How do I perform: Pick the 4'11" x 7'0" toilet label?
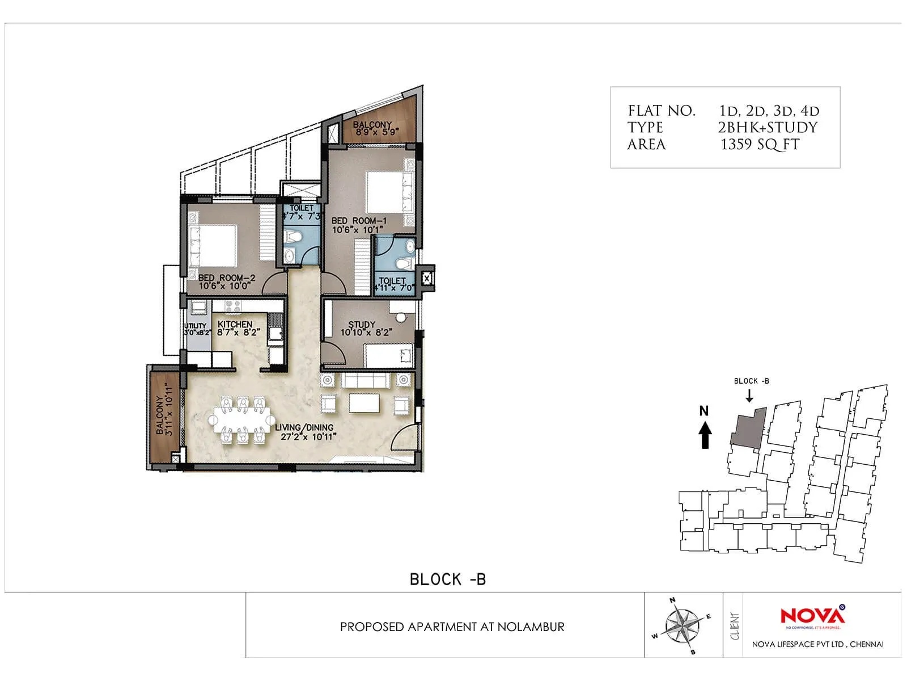tap(392, 284)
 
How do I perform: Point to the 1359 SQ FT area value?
tap(760, 145)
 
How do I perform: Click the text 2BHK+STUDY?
tap(768, 128)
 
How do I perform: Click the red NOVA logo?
tap(812, 616)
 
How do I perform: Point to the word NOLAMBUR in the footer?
tap(531, 627)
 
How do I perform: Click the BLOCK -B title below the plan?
tap(448, 579)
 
